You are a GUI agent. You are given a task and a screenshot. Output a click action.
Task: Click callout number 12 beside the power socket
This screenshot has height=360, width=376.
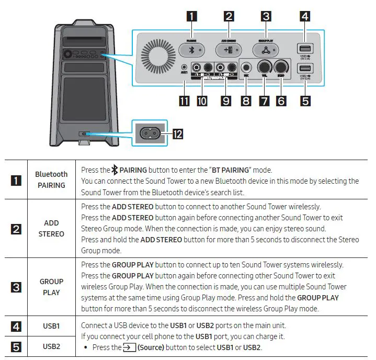coord(177,135)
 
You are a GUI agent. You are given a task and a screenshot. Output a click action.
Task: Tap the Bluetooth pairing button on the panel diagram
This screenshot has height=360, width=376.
coord(191,50)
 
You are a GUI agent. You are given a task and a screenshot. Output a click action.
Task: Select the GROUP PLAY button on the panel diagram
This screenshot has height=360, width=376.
coord(266,50)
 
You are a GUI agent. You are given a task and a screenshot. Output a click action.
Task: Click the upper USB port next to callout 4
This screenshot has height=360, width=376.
coord(305,49)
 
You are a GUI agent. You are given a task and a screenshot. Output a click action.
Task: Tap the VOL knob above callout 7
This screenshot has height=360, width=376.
coord(265,67)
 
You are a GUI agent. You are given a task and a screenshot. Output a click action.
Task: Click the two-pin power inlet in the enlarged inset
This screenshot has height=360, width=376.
coord(149,134)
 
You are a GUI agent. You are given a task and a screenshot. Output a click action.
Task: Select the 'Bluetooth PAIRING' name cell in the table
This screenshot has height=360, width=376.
coord(51,179)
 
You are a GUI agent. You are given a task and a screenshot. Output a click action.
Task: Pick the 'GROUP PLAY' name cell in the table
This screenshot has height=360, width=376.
coord(51,287)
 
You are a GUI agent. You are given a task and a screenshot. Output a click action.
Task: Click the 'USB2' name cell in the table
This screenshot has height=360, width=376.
coord(51,346)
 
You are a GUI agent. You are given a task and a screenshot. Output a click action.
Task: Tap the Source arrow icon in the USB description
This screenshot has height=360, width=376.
coord(129,347)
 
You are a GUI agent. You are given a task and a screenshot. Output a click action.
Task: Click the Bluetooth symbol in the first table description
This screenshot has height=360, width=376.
coord(115,170)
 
